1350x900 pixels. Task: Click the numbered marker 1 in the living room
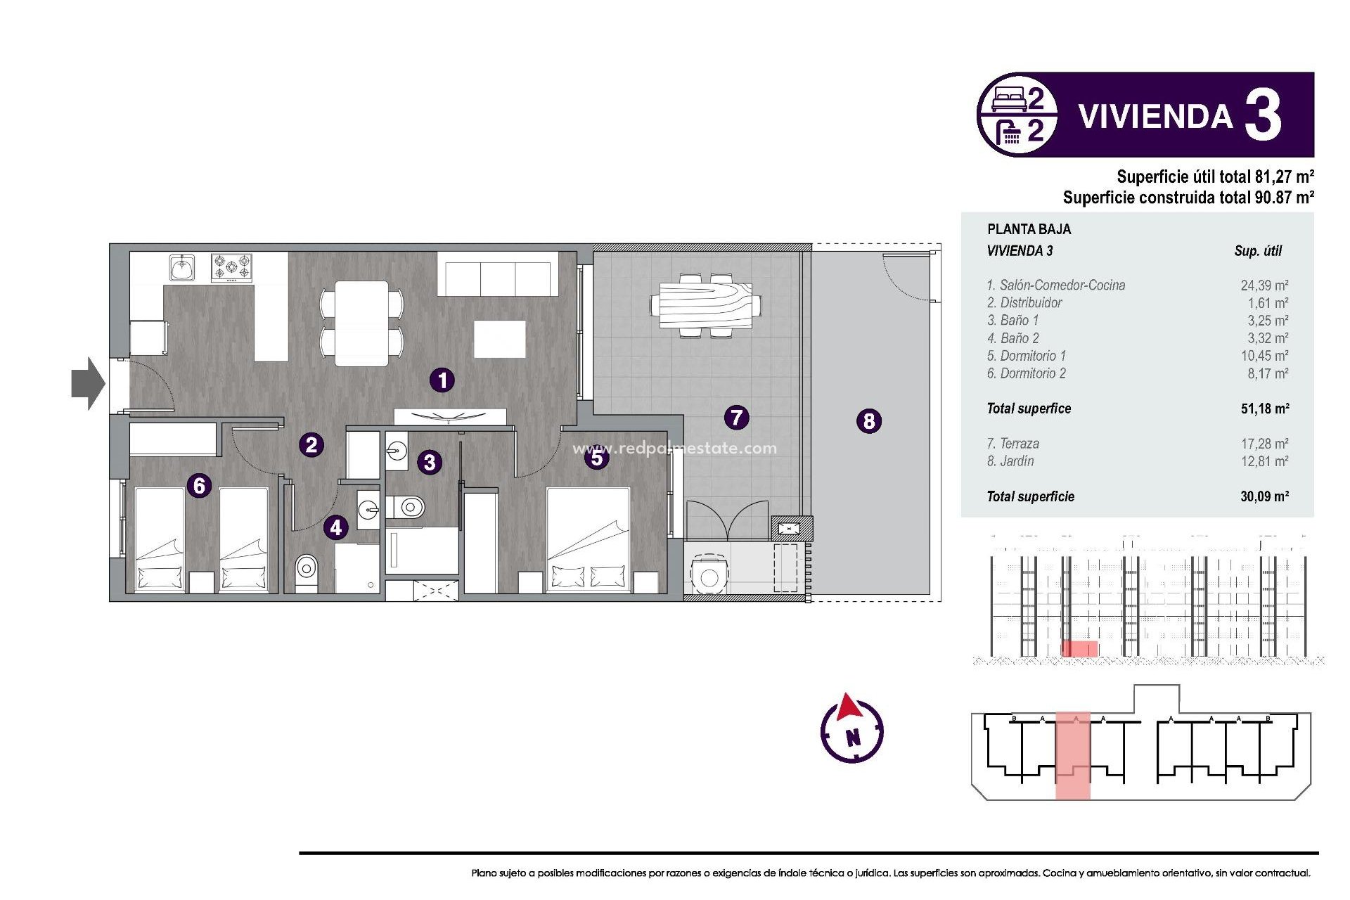(442, 380)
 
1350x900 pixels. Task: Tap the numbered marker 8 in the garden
(869, 421)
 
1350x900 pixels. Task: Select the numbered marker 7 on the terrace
(736, 417)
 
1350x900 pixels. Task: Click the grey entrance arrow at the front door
(89, 383)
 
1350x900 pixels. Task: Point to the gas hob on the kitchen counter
(231, 267)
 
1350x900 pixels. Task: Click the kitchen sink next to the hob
(182, 268)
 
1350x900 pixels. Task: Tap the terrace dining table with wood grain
(705, 306)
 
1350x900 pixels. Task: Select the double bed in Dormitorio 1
(588, 538)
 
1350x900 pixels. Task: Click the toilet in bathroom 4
(306, 567)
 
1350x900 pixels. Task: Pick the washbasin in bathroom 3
(397, 451)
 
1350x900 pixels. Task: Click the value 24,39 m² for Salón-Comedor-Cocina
(1264, 285)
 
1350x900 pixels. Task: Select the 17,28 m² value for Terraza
(1264, 444)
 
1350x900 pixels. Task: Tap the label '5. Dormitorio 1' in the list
(1026, 356)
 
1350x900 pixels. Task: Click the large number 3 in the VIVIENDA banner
(1263, 116)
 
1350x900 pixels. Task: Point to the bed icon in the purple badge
(1009, 100)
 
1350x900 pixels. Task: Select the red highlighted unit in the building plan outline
(1072, 756)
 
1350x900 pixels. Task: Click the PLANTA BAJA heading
(1029, 229)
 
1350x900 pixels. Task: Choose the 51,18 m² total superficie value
(1264, 409)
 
